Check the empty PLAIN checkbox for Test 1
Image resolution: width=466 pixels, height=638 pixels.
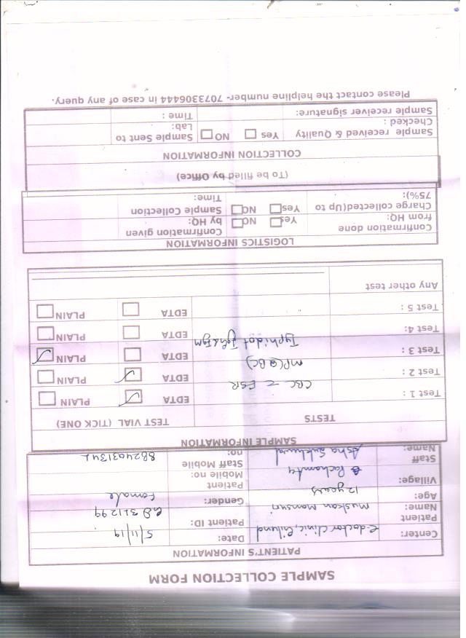(x=47, y=398)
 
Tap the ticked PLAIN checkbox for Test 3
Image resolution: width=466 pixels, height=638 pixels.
(x=45, y=355)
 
